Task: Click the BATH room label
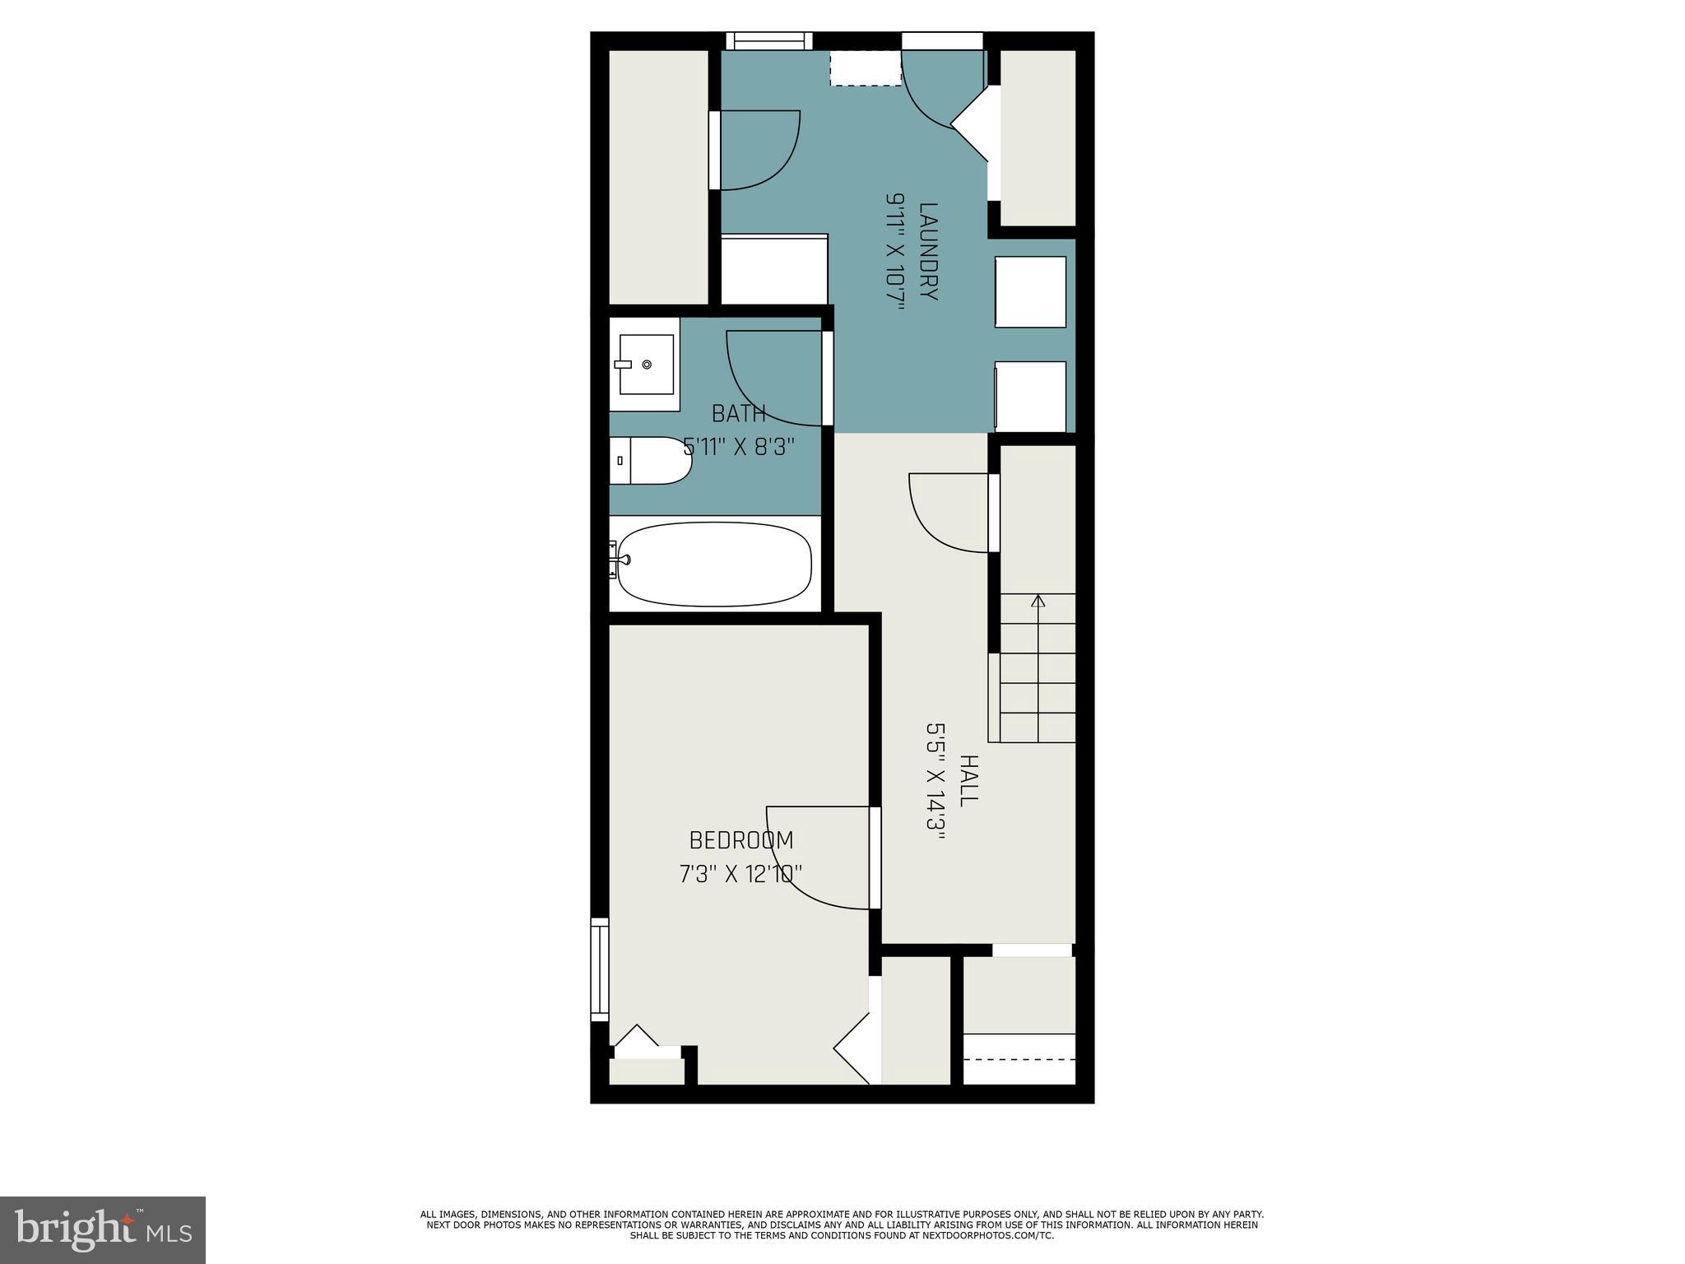(739, 413)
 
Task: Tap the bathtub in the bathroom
(713, 565)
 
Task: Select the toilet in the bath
(654, 461)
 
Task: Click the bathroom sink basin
(646, 365)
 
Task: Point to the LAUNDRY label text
(927, 252)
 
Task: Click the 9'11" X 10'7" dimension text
(895, 252)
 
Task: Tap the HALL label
(968, 780)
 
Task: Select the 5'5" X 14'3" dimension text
(936, 780)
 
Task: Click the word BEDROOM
(740, 840)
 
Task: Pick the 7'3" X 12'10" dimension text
(740, 873)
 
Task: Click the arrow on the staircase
(1038, 601)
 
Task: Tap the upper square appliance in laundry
(1030, 292)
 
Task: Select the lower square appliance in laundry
(1030, 397)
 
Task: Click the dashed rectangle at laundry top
(866, 68)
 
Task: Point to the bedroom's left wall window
(600, 970)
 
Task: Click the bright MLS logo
(103, 1229)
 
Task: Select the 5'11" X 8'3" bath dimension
(739, 447)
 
